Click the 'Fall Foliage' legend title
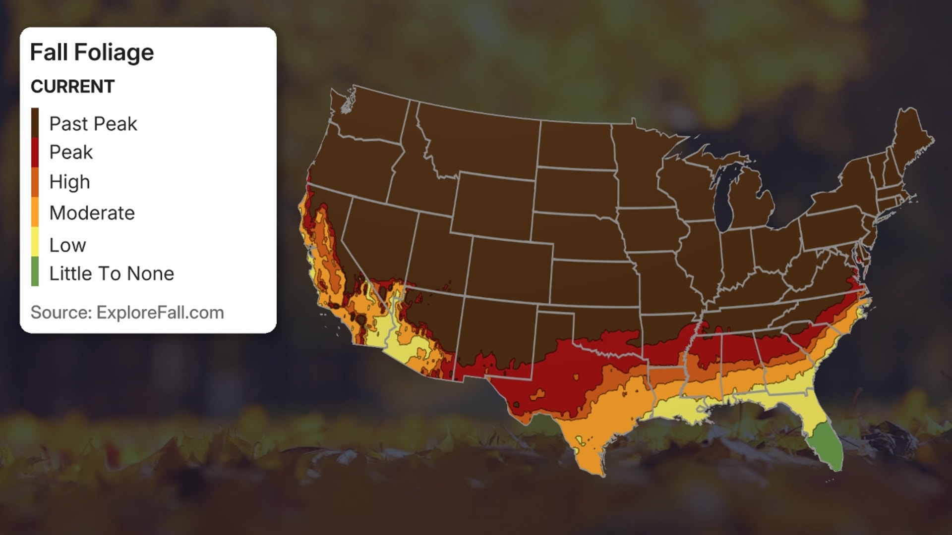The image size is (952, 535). pos(92,53)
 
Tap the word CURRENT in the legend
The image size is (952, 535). pos(72,87)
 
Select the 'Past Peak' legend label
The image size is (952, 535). pos(93,124)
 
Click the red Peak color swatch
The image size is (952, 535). pos(35,152)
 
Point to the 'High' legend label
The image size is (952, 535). pos(69,182)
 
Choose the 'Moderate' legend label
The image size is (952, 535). pos(92,213)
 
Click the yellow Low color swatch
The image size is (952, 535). pos(35,241)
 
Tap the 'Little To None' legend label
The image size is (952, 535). pos(112,273)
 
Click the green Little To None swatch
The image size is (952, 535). pos(35,271)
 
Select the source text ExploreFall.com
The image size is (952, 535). pos(160,313)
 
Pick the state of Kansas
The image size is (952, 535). pos(593,282)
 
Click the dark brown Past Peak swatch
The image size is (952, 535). pos(35,122)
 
